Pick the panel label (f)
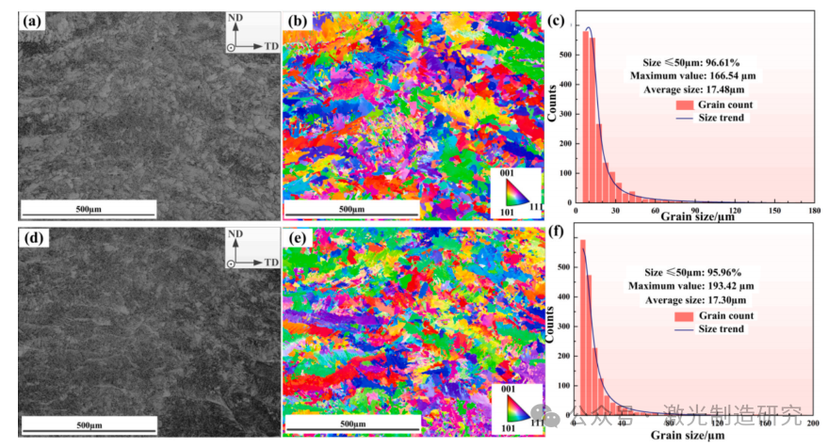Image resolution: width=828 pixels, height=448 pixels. [558, 235]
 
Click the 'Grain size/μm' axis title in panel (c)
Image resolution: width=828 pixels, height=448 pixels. [696, 218]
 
